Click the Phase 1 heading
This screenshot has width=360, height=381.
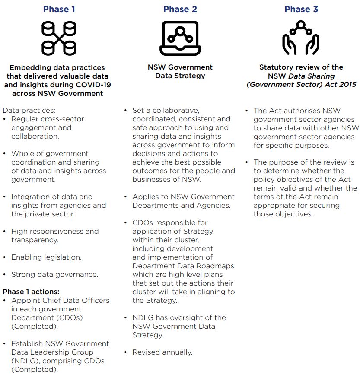(59, 9)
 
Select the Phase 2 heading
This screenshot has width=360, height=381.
(180, 9)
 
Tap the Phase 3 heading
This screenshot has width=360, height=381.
(301, 9)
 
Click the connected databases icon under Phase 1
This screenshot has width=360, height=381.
(59, 38)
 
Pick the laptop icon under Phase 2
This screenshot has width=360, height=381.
(180, 38)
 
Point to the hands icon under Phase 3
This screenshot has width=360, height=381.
(301, 38)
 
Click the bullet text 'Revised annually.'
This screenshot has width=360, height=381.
(162, 352)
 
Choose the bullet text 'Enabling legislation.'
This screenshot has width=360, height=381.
(46, 257)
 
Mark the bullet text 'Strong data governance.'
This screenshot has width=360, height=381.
(54, 274)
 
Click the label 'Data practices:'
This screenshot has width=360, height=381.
(29, 111)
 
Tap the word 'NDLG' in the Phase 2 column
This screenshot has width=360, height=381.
(146, 317)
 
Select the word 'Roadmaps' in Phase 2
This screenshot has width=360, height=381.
(218, 266)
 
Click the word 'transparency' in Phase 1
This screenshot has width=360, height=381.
(33, 240)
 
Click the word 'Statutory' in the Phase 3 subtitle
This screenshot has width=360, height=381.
(277, 67)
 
